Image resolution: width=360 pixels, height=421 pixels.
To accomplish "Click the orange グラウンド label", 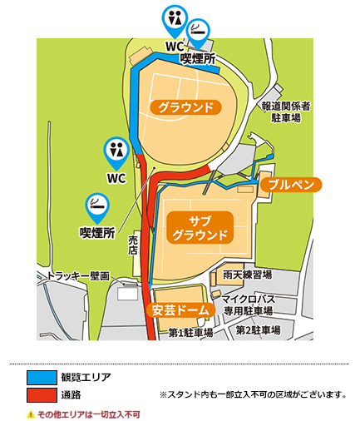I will (x=187, y=106).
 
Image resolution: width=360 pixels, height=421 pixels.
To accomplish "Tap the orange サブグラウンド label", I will (x=200, y=226).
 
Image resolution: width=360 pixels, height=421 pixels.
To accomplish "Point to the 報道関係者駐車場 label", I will (x=285, y=113).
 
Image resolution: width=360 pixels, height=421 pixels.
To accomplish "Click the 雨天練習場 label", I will (x=249, y=275).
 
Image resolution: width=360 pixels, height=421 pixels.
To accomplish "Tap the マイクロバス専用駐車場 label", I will (x=249, y=305).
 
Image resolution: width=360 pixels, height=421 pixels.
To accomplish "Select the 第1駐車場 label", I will (x=190, y=331).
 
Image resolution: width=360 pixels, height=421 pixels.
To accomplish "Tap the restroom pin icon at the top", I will (x=174, y=18).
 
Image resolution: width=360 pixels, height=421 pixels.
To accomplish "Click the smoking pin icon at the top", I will (x=199, y=32).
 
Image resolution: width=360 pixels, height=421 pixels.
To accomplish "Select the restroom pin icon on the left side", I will (x=115, y=151).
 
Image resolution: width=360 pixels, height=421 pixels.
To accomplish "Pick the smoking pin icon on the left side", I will (x=96, y=205).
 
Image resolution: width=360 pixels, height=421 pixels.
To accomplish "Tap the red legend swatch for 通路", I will (x=42, y=394).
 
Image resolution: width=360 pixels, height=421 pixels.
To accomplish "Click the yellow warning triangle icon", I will (x=30, y=413).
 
